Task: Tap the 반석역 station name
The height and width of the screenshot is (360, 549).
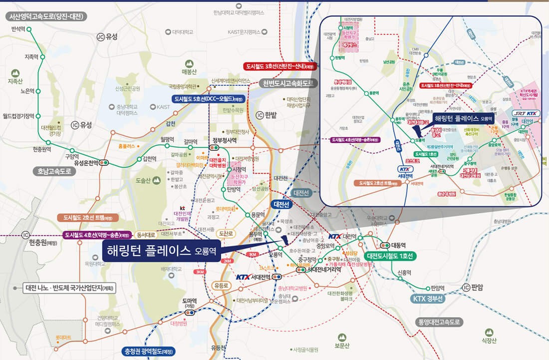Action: pyautogui.click(x=18, y=29)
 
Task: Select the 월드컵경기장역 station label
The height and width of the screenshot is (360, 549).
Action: pyautogui.click(x=18, y=116)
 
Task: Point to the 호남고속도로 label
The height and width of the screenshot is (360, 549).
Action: pyautogui.click(x=54, y=171)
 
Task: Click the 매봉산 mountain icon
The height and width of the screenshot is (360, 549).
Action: pyautogui.click(x=190, y=64)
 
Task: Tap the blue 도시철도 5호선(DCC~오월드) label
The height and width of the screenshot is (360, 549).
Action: pyautogui.click(x=209, y=99)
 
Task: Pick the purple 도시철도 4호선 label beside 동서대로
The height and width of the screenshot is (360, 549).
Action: pyautogui.click(x=96, y=235)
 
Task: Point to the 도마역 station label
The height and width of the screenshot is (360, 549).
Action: pyautogui.click(x=190, y=301)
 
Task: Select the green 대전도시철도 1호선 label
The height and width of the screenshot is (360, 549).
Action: pyautogui.click(x=390, y=256)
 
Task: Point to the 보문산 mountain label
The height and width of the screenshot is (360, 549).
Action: pyautogui.click(x=342, y=346)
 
